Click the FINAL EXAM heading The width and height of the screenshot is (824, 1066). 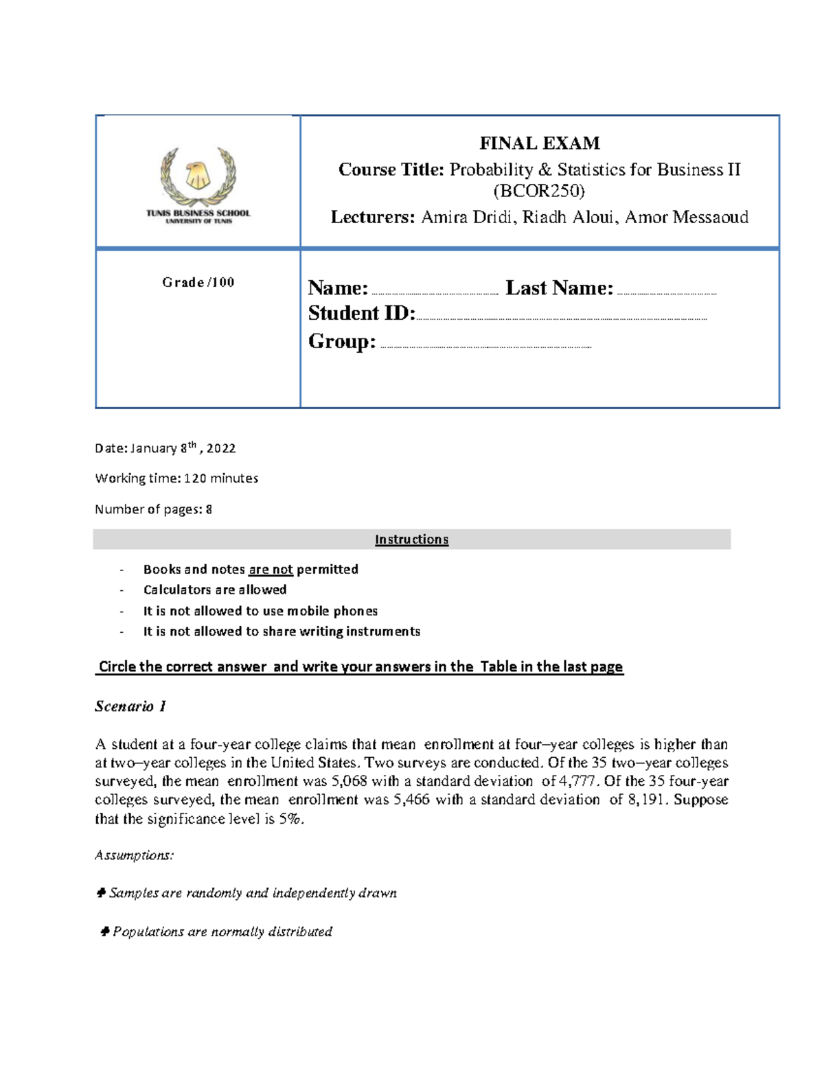tap(539, 143)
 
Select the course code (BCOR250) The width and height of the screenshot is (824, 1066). tap(539, 190)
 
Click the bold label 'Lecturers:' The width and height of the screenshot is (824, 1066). tap(373, 218)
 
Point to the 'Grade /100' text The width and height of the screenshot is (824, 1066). tap(198, 282)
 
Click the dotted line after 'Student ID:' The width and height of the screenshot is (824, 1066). tap(561, 318)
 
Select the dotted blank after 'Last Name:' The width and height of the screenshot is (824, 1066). tap(666, 292)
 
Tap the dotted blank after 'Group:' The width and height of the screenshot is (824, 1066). tap(485, 347)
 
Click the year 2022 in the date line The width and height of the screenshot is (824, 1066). tap(221, 448)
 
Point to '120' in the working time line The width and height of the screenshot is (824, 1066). tap(195, 478)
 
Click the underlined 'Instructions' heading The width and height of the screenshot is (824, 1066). tap(411, 540)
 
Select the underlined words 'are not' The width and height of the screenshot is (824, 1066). tap(271, 569)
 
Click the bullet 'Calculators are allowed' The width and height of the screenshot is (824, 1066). tap(215, 590)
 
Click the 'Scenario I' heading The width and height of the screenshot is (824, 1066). tap(130, 706)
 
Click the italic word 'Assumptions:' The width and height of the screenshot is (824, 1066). tap(134, 855)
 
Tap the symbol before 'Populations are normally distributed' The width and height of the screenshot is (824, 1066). tap(104, 931)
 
